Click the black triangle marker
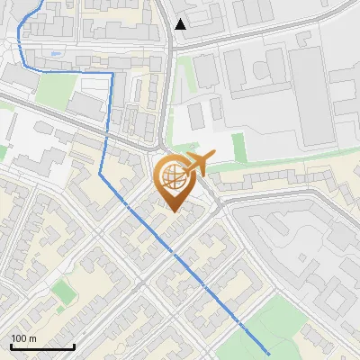(x=181, y=24)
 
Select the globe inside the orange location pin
(x=172, y=177)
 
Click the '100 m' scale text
(x=23, y=338)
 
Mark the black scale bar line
(x=42, y=346)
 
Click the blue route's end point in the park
(x=268, y=353)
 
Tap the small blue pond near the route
(x=57, y=54)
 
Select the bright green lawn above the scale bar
(x=62, y=292)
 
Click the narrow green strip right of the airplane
(x=238, y=145)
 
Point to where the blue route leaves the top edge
(x=41, y=2)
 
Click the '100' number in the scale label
(x=19, y=338)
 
